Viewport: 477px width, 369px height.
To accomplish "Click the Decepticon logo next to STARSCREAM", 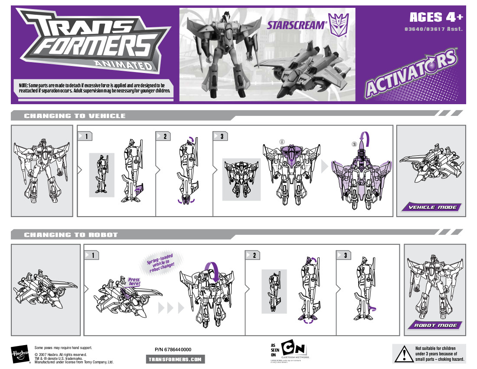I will (339, 25).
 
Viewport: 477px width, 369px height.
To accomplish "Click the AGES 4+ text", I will (436, 17).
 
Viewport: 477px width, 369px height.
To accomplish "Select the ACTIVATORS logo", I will (411, 73).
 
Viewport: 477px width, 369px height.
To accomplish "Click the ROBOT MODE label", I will (435, 325).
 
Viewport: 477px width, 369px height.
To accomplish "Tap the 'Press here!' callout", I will (134, 282).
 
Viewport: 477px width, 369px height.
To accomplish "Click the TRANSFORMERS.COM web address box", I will (175, 359).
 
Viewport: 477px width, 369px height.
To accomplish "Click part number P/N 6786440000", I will (173, 349).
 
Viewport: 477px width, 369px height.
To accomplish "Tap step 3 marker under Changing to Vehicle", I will (221, 136).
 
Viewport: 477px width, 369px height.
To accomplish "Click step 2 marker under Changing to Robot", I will (253, 255).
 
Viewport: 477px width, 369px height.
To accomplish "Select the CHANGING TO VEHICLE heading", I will (75, 116).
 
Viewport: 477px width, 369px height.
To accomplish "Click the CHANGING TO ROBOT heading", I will (71, 235).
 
